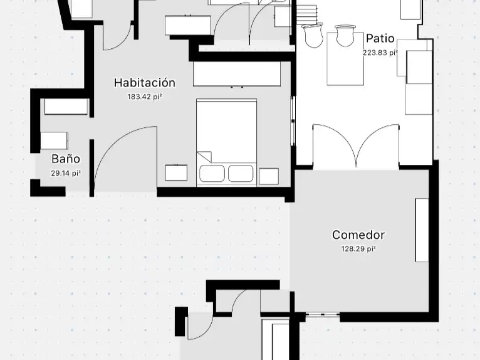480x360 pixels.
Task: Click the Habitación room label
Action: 145,83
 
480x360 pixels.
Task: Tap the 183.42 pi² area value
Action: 145,97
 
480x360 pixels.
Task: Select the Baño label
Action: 66,159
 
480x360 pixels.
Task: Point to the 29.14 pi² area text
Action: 66,173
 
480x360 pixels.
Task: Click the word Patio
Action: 380,39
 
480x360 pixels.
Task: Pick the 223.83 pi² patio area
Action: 380,53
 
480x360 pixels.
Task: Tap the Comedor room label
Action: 358,235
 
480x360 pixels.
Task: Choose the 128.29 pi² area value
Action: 358,249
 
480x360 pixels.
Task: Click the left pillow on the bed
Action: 212,173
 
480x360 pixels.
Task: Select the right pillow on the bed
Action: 241,173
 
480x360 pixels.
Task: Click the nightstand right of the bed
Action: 269,176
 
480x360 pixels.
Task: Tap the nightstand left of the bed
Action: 176,172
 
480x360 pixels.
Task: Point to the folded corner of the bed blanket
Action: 204,157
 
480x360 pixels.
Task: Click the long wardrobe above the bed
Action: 237,74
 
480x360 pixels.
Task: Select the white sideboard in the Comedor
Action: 422,230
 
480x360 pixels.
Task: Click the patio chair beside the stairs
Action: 313,35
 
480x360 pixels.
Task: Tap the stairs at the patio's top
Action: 306,14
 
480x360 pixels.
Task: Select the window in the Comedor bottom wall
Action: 323,314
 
